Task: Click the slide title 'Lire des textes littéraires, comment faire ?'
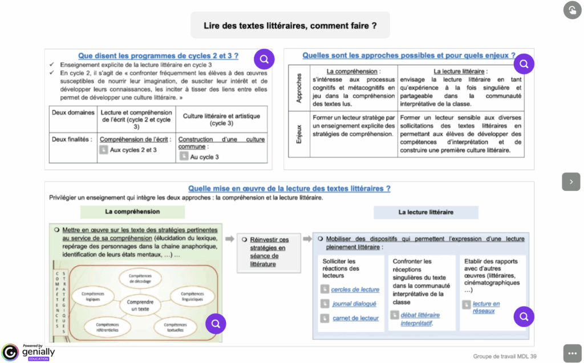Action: click(x=290, y=26)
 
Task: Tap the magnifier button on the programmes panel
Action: click(x=264, y=59)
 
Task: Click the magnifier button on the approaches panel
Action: click(x=524, y=64)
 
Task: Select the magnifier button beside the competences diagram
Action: click(x=216, y=324)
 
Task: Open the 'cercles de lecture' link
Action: click(x=355, y=289)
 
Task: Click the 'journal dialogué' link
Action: click(x=354, y=304)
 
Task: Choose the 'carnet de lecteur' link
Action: click(x=355, y=318)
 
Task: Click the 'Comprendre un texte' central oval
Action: click(x=140, y=305)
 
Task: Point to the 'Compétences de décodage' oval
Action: click(x=140, y=279)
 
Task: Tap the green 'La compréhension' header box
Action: click(x=132, y=211)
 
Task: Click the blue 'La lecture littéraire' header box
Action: click(x=425, y=212)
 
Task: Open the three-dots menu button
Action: click(x=572, y=353)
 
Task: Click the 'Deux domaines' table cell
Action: click(x=73, y=113)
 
